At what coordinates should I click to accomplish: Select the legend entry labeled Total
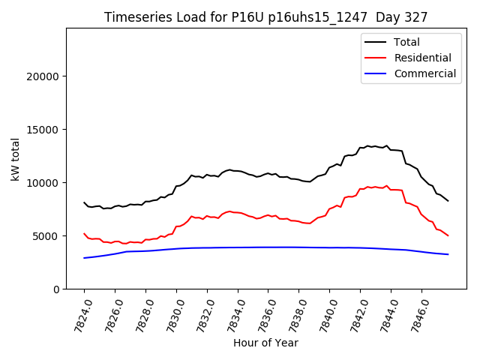(407, 43)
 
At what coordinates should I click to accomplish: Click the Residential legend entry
(422, 58)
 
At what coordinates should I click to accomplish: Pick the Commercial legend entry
(424, 74)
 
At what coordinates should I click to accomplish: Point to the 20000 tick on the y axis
(43, 76)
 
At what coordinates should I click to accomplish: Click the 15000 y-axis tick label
(43, 130)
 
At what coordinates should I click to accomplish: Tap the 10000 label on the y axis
(43, 183)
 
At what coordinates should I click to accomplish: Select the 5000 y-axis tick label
(46, 236)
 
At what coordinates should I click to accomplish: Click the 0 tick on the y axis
(55, 289)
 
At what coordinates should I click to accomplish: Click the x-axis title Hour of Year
(265, 343)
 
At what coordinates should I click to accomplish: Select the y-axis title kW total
(16, 159)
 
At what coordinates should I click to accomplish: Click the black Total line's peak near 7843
(367, 145)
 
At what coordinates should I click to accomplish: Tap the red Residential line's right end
(448, 235)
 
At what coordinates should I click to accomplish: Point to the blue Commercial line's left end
(84, 258)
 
